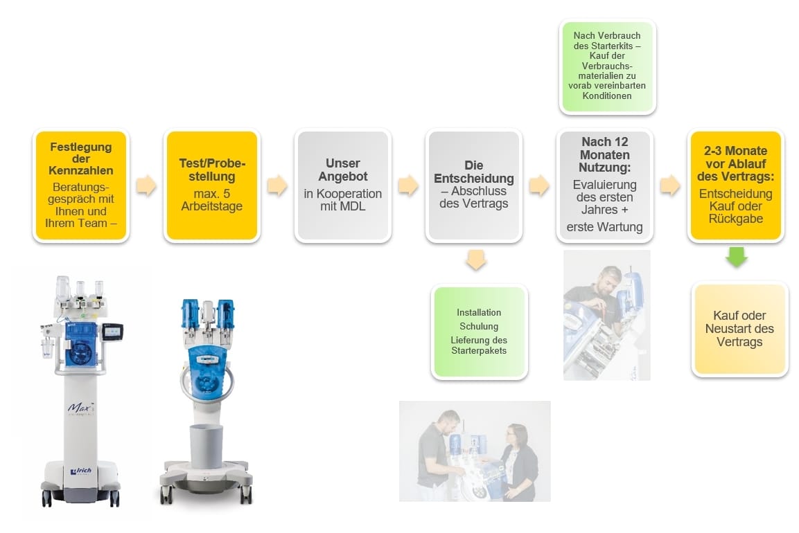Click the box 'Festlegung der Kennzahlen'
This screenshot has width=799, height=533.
[81, 186]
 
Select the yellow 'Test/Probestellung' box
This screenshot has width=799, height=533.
[211, 186]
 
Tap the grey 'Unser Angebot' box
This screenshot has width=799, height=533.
[342, 186]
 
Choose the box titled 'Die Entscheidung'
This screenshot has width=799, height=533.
[474, 186]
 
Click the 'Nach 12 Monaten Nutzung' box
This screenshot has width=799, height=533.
[605, 186]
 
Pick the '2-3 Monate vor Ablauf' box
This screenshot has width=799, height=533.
[736, 186]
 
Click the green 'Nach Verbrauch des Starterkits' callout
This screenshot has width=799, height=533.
[606, 66]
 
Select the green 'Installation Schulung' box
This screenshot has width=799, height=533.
[479, 332]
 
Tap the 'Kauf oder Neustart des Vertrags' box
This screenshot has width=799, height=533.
[739, 329]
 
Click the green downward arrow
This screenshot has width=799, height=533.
[736, 257]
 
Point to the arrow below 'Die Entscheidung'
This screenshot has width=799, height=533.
[476, 260]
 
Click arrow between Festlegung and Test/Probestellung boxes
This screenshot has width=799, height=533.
[146, 186]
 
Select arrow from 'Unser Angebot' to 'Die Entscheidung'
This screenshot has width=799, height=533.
[407, 186]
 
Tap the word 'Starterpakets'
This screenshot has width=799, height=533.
[479, 351]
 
